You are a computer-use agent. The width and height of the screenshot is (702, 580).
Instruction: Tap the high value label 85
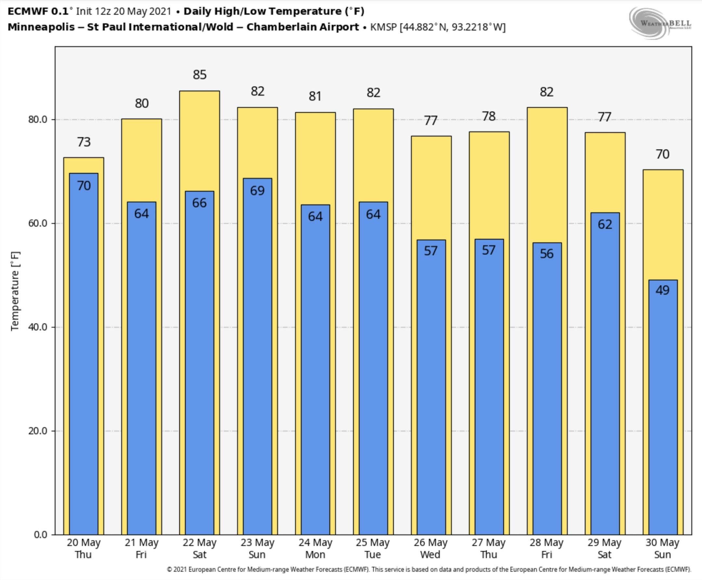[x=200, y=74]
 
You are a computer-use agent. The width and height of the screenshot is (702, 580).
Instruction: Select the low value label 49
[x=662, y=290]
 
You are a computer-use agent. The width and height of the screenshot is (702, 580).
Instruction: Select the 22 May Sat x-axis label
[x=200, y=549]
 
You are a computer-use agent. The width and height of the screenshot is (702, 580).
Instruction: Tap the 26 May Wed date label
[x=431, y=549]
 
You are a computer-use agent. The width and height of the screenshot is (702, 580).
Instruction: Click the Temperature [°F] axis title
[x=15, y=291]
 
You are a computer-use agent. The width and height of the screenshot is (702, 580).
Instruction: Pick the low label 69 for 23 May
[x=257, y=190]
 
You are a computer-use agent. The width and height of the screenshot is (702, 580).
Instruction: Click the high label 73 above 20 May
[x=84, y=142]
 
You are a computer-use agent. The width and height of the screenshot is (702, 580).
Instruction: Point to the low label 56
[x=546, y=254]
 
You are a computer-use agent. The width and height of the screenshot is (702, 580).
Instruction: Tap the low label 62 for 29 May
[x=604, y=224]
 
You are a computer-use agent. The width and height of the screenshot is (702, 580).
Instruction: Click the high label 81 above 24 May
[x=315, y=96]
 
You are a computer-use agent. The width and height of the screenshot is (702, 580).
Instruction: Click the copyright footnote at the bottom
[x=429, y=569]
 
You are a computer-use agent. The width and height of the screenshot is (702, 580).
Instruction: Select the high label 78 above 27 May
[x=489, y=116]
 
